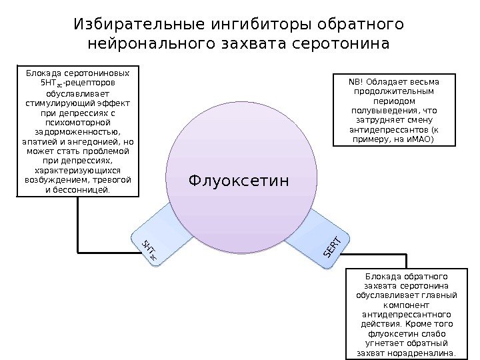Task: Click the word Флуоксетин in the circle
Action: coord(239,180)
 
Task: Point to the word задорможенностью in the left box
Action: coord(78,132)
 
